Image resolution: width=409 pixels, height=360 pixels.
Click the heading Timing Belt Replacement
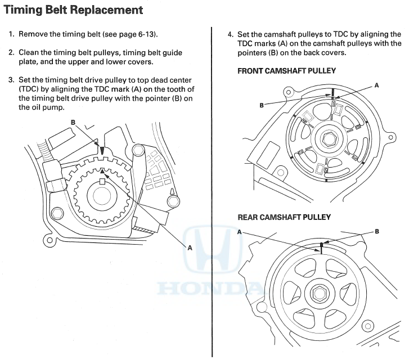pyautogui.click(x=73, y=10)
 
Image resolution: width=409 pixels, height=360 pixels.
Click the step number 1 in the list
pyautogui.click(x=11, y=34)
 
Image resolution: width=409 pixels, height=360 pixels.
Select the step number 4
pyautogui.click(x=230, y=34)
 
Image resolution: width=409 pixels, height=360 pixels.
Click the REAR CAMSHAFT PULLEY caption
pyautogui.click(x=284, y=217)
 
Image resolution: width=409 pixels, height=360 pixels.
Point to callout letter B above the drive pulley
pyautogui.click(x=73, y=122)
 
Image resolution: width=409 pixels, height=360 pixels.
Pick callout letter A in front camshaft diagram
pyautogui.click(x=376, y=85)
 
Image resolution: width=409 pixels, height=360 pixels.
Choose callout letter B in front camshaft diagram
pyautogui.click(x=262, y=105)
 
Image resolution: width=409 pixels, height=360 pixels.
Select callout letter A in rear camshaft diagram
pyautogui.click(x=240, y=231)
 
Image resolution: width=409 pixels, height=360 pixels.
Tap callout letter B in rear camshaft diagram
pyautogui.click(x=376, y=231)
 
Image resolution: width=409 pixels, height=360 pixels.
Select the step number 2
pyautogui.click(x=11, y=52)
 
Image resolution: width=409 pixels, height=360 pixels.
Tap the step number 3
pyautogui.click(x=11, y=80)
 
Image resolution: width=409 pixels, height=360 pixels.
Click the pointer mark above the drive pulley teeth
pyautogui.click(x=102, y=151)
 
